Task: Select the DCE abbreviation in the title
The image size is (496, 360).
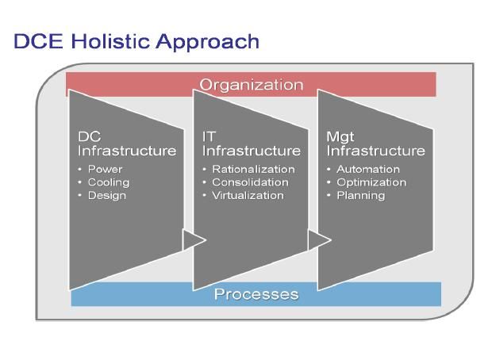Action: [x=39, y=41]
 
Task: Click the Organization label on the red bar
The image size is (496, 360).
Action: [x=252, y=85]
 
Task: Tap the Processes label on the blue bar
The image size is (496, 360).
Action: [x=256, y=294]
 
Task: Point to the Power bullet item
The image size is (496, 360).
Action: [x=105, y=169]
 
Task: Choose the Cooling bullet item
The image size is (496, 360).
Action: [x=109, y=182]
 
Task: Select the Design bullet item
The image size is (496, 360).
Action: [x=107, y=196]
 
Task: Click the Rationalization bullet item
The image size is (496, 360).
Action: [x=254, y=169]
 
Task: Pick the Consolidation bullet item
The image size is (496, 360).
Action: [x=250, y=182]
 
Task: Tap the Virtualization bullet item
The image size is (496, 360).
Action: [x=248, y=195]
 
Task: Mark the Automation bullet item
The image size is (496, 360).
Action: [x=368, y=169]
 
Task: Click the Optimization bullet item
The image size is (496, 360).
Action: [x=371, y=182]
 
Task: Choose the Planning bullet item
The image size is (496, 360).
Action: [x=361, y=196]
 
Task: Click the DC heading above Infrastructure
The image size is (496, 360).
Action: [x=90, y=137]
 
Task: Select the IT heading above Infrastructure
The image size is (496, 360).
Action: [x=209, y=137]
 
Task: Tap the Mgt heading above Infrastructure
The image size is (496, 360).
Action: [x=340, y=137]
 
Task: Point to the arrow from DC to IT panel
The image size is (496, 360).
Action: [x=194, y=240]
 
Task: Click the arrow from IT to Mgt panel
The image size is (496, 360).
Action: [x=320, y=240]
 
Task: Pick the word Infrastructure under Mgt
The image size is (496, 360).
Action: [x=376, y=151]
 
